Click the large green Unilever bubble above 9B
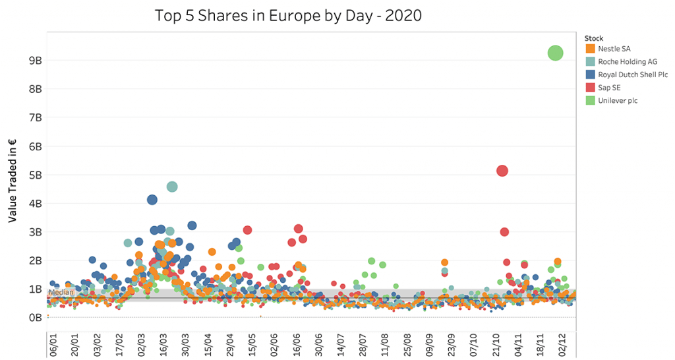coord(555,53)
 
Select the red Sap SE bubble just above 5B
coord(502,171)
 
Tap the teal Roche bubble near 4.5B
coord(172,187)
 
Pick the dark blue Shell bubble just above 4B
coord(152,200)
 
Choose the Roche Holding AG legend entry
coord(622,61)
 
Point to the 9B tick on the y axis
coord(35,60)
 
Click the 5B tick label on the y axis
coord(35,175)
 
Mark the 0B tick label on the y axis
coord(35,318)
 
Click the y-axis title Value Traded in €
coord(13,182)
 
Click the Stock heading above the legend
coord(594,38)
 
